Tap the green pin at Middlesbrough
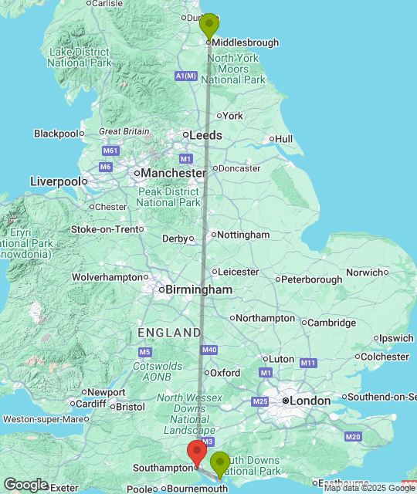click(x=208, y=25)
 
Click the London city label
click(x=310, y=401)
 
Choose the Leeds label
click(x=206, y=135)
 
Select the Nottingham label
click(x=243, y=235)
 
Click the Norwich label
click(x=364, y=272)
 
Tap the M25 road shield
click(x=259, y=401)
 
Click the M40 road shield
click(x=209, y=350)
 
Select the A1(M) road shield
click(x=186, y=76)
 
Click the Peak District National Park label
click(x=168, y=197)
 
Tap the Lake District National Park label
click(x=80, y=56)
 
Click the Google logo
click(x=25, y=485)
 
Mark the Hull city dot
click(x=272, y=139)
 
